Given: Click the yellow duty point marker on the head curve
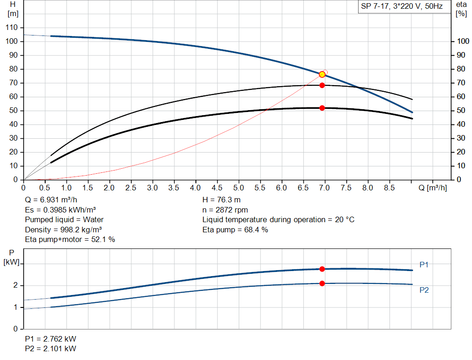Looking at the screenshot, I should tap(322, 74).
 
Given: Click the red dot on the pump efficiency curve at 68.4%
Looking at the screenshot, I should tap(322, 85).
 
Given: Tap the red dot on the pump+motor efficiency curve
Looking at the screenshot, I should tap(322, 108).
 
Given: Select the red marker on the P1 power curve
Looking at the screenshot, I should tap(322, 269).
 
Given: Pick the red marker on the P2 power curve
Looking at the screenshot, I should tap(322, 283).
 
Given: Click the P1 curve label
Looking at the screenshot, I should tap(424, 265).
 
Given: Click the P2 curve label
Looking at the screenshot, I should tap(424, 290).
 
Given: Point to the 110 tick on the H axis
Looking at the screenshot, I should tap(12, 28).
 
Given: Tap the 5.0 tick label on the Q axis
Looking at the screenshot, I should tap(238, 188).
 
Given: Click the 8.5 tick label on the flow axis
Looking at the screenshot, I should tap(389, 188).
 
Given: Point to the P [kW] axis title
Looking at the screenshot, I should tap(12, 257).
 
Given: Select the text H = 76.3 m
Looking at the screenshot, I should tap(221, 200).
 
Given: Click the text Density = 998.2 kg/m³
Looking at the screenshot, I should tap(64, 229).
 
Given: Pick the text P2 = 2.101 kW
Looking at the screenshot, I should tap(51, 348).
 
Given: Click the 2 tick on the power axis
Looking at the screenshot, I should tap(15, 286).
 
